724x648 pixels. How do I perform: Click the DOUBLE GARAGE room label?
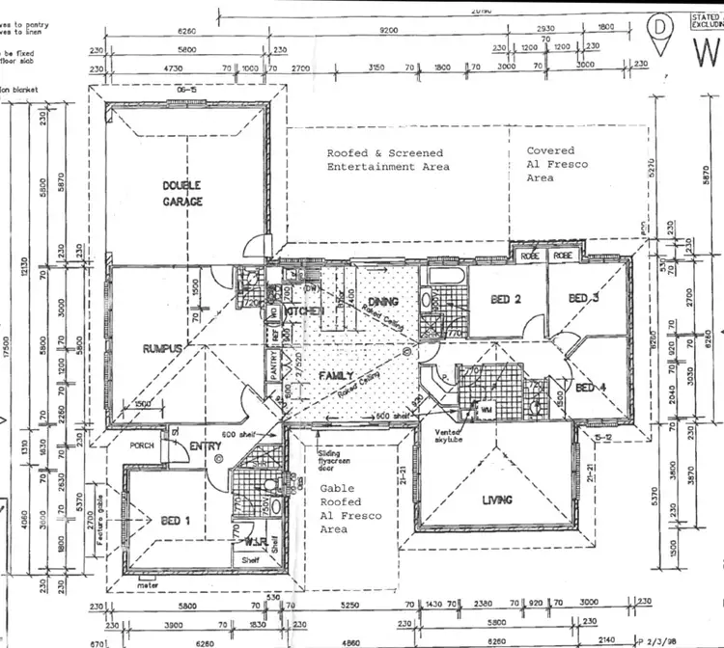click(181, 195)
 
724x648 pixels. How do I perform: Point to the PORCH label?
click(144, 445)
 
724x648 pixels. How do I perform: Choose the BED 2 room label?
click(506, 300)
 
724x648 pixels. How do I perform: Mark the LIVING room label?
click(497, 499)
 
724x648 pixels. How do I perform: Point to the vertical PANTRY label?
click(273, 365)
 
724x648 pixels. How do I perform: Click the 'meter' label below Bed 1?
click(149, 581)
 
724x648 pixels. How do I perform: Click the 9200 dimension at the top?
click(388, 31)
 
